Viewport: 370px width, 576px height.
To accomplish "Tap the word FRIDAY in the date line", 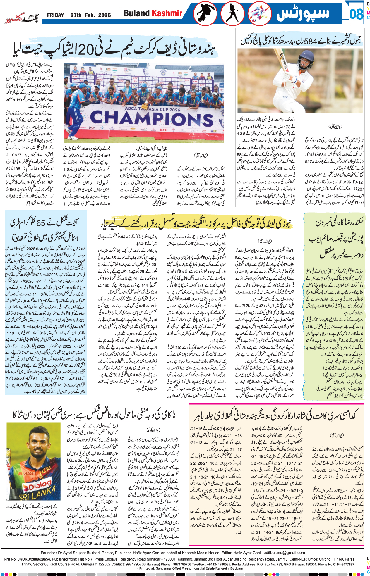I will pos(55,15).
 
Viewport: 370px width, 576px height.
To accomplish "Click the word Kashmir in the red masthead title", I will pos(167,13).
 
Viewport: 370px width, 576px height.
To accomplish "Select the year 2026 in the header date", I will pos(105,15).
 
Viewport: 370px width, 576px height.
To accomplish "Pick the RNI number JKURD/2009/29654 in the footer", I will pos(34,559).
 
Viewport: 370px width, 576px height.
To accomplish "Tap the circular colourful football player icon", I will pos(260,14).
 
